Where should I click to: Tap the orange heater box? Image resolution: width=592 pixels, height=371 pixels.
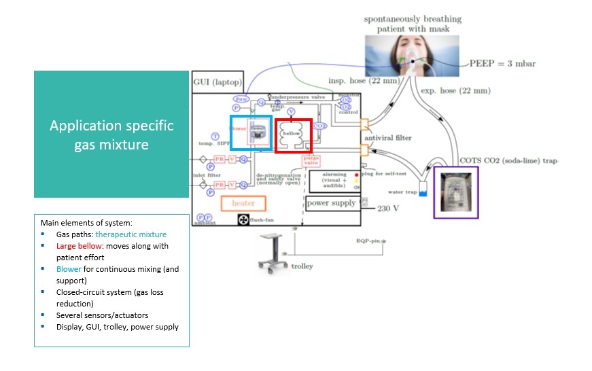243,202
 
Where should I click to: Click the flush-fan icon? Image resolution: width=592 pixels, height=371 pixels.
244,219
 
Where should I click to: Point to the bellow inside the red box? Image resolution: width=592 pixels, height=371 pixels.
292,133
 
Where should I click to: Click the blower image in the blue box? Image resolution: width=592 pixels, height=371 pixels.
257,132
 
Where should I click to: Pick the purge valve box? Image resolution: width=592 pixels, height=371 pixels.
311,160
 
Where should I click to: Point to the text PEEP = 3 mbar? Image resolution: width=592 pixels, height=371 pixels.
502,64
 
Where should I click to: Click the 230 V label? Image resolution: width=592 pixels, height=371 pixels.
387,209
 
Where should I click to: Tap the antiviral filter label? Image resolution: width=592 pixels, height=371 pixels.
388,138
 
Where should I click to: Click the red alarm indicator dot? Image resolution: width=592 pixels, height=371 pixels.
356,175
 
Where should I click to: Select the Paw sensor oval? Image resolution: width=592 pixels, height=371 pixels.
242,99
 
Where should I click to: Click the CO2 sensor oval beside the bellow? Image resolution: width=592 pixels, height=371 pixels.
320,126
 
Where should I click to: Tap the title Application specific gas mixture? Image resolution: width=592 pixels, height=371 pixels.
111,135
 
